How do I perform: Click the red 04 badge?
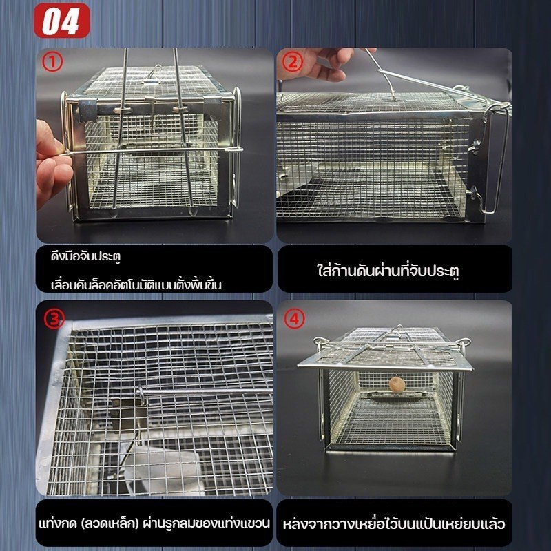62,21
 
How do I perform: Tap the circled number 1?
52,62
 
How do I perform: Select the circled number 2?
292,62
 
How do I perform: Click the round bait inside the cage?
397,384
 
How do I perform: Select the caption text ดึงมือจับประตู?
85,256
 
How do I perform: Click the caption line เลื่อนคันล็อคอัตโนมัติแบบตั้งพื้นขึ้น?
136,284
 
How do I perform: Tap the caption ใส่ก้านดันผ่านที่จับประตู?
388,271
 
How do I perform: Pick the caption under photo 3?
154,523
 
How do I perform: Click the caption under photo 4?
394,523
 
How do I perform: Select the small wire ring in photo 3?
141,395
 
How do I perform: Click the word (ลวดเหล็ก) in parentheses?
110,523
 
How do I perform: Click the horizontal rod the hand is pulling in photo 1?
151,151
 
